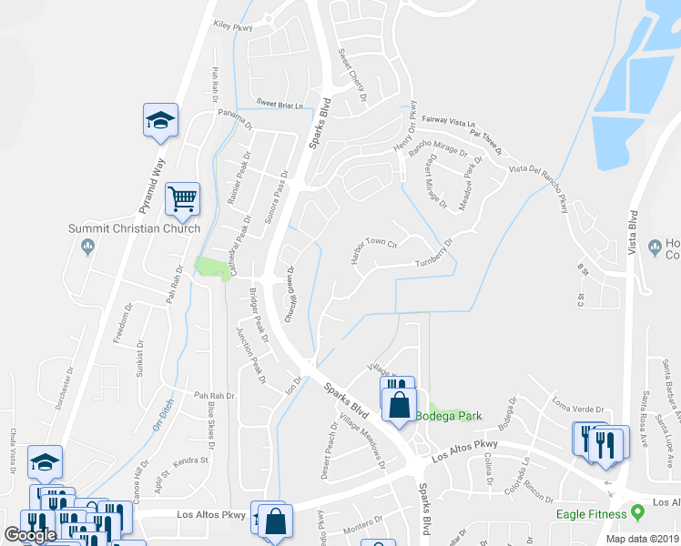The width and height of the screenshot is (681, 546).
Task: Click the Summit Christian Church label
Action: click(x=135, y=227)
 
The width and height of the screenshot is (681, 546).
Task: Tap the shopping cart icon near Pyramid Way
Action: click(x=183, y=200)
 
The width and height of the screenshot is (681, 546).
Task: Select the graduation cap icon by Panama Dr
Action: click(x=160, y=120)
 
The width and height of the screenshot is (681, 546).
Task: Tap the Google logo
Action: click(x=30, y=535)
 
